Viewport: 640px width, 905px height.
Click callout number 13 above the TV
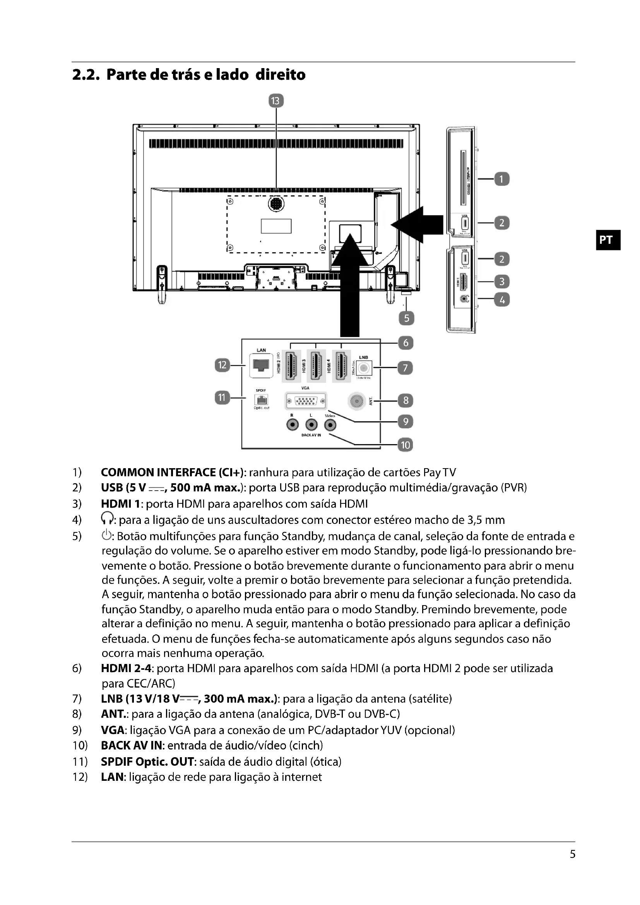click(276, 101)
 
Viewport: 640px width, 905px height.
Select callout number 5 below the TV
click(406, 318)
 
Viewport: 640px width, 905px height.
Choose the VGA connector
click(306, 402)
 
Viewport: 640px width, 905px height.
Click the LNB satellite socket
click(364, 368)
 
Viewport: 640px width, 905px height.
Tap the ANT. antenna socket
click(358, 401)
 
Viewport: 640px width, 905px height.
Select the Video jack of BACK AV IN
click(330, 425)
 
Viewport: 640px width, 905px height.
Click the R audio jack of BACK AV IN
click(293, 425)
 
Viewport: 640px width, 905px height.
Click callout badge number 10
click(405, 445)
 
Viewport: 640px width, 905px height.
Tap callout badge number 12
click(222, 365)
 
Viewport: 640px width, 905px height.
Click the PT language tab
click(607, 240)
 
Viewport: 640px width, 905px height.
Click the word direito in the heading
click(280, 75)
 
